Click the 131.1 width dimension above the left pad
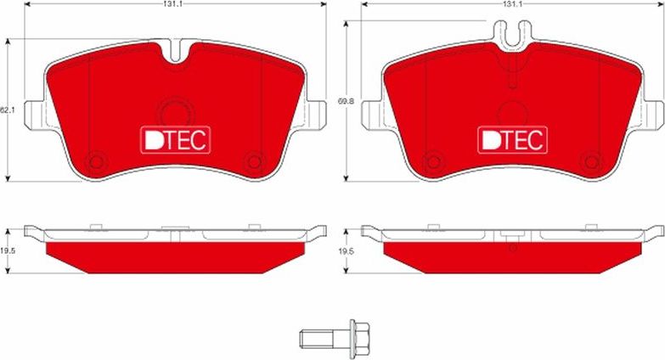click(x=175, y=5)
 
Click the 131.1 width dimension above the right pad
click(x=511, y=5)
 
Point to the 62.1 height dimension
click(x=6, y=110)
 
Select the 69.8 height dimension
click(x=345, y=101)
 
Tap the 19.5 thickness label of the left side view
click(x=8, y=251)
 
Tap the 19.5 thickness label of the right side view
click(x=345, y=251)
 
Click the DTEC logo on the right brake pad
click(x=513, y=139)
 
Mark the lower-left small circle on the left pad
click(x=96, y=160)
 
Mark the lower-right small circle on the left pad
click(x=252, y=160)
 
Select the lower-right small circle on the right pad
click(x=591, y=160)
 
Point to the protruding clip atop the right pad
click(x=513, y=32)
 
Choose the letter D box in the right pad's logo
click(x=490, y=139)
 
